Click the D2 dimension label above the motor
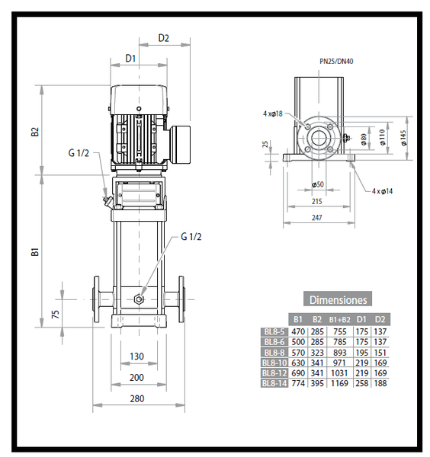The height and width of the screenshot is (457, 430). [163, 38]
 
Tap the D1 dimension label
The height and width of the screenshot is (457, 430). [130, 59]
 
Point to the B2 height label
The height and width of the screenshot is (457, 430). [35, 132]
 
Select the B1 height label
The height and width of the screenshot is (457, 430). [35, 252]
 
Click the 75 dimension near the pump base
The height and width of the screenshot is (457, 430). [55, 314]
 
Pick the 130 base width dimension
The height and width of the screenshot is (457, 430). [136, 356]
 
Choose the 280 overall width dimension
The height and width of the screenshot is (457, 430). [136, 398]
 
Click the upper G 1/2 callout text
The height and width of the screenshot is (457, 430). [79, 153]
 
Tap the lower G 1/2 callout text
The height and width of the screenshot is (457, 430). [191, 236]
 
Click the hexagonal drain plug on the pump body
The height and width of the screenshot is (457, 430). [139, 299]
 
